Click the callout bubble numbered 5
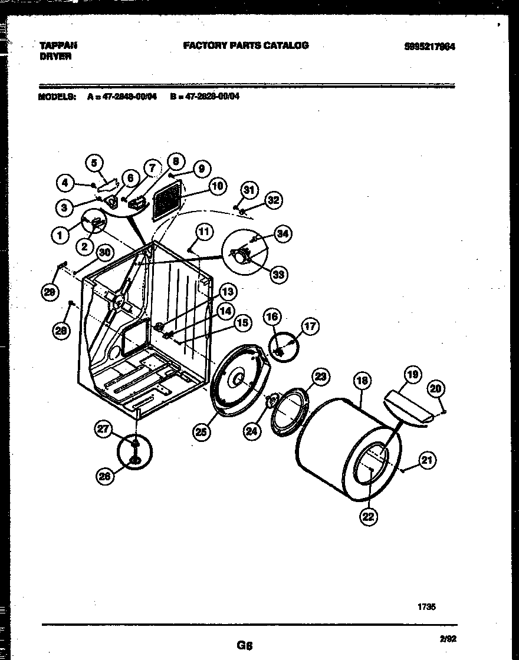coord(94,162)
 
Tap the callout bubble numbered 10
coord(217,186)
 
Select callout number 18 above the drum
coord(362,381)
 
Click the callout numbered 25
coord(201,432)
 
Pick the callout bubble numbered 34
coord(283,234)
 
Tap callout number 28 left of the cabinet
coord(60,331)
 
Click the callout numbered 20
coord(437,388)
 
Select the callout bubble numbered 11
coord(203,231)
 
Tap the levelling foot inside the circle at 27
coord(135,451)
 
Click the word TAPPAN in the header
coord(58,45)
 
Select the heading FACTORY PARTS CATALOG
coord(245,45)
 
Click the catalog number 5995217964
coord(430,47)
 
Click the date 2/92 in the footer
coord(448,637)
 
